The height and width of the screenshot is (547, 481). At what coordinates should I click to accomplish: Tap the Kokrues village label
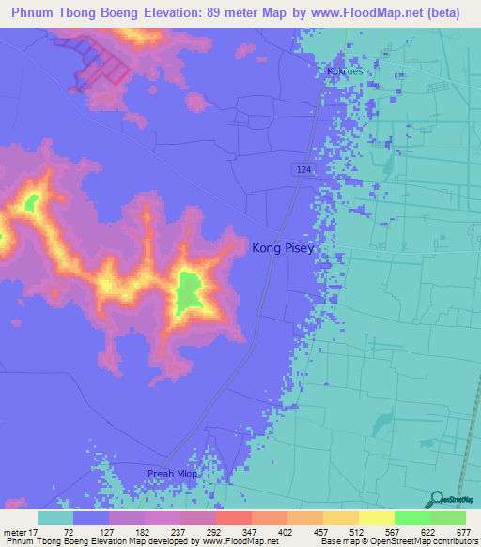tap(344, 70)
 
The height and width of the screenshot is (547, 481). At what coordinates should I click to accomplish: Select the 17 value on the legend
tap(38, 531)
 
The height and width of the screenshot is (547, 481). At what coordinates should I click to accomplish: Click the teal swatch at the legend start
tap(55, 518)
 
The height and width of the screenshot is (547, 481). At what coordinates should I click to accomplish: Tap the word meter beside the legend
tap(16, 531)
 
